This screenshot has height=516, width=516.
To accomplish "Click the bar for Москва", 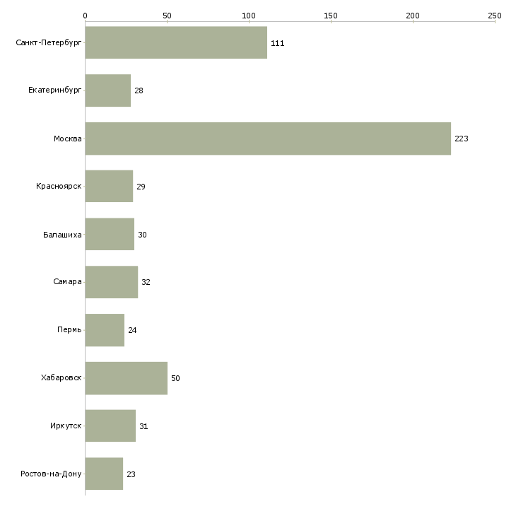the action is pos(268,139).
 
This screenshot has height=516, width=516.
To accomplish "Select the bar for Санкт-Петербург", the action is pos(176,42).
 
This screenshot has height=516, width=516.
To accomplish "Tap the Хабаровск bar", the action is pos(127,378).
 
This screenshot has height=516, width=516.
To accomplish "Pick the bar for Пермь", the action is pos(105,330).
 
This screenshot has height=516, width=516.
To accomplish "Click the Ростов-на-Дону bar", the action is pos(104,474).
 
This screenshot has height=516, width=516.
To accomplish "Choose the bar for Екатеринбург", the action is pos(108,90).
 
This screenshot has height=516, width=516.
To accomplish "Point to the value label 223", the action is pos(462,139).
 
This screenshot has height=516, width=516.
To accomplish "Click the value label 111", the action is pos(277,43).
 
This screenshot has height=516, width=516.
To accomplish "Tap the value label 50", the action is pos(175,378).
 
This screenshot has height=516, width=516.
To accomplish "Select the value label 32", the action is pos(146,282).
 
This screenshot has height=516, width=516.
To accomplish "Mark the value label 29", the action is pos(141,187).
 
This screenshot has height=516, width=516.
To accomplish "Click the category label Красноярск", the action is pos(59,187).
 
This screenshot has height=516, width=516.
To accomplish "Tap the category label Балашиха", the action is pos(62,235).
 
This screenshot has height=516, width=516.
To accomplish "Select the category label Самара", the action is pos(67,282).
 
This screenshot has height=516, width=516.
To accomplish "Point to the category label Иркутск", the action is pos(66,426).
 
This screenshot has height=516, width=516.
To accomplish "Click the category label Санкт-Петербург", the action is pos(49,43).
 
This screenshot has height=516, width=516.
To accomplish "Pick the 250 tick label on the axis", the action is pos(495,16).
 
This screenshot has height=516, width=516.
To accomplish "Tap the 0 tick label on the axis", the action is pos(86,16).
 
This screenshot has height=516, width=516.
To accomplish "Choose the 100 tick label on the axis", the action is pos(249,16).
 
